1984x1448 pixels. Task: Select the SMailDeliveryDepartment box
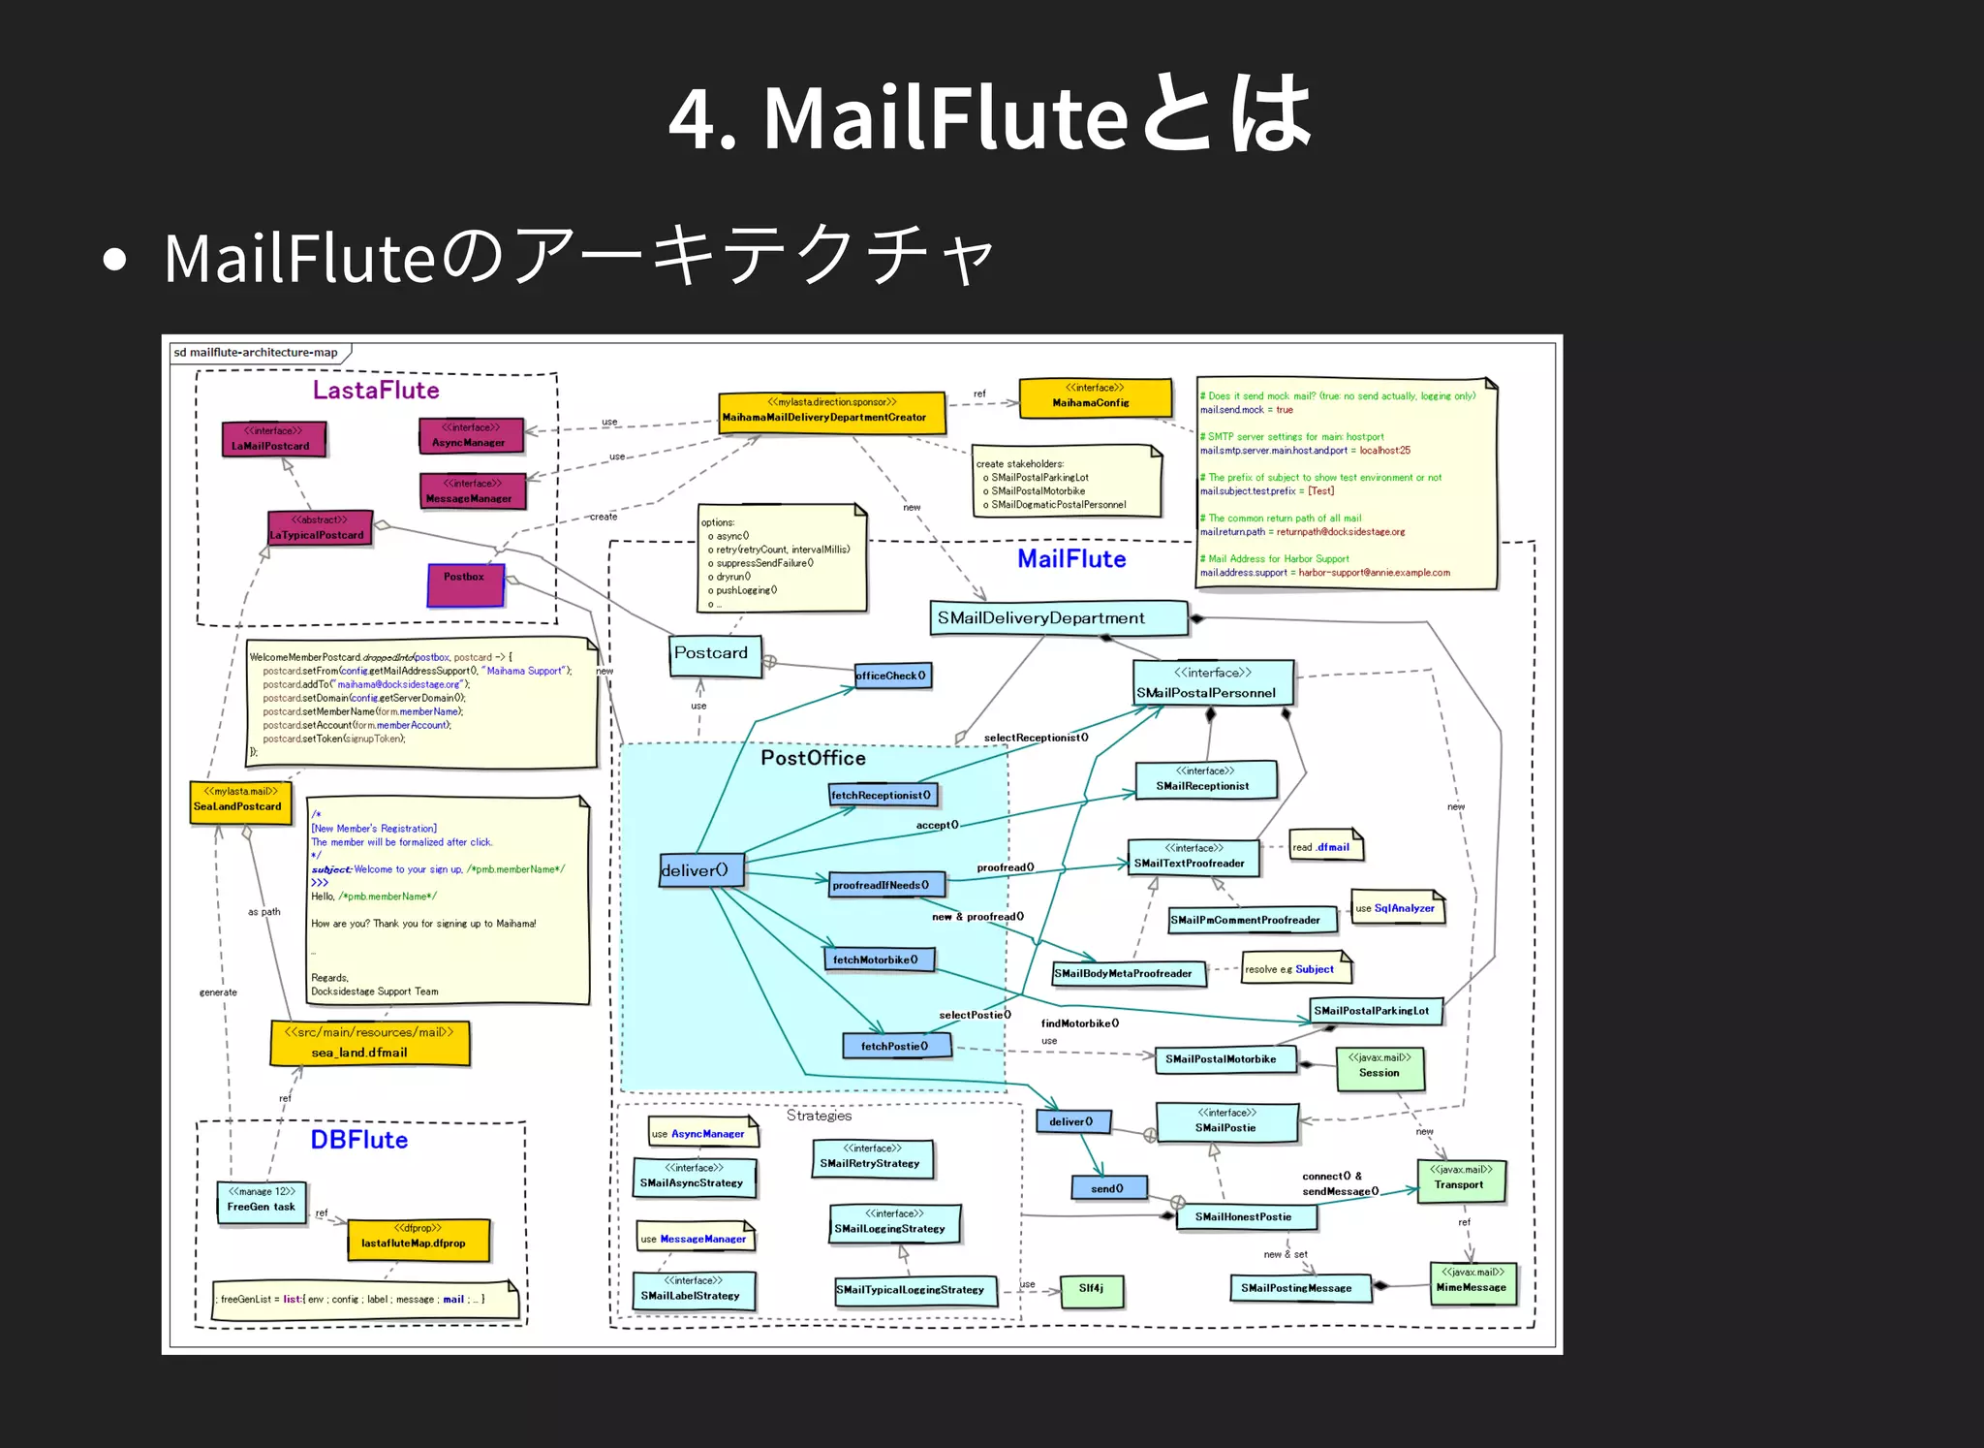pyautogui.click(x=1058, y=618)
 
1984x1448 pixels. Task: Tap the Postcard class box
pyautogui.click(x=715, y=654)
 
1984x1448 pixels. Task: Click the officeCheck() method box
pyautogui.click(x=892, y=676)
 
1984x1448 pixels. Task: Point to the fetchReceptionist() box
pyautogui.click(x=883, y=796)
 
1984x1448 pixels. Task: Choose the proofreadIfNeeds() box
pyautogui.click(x=887, y=885)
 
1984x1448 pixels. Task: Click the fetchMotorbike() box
pyautogui.click(x=880, y=960)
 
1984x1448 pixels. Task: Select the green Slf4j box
pyautogui.click(x=1092, y=1290)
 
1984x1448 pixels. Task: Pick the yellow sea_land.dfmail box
pyautogui.click(x=369, y=1043)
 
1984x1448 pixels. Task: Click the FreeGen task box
pyautogui.click(x=262, y=1202)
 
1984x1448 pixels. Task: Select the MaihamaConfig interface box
pyautogui.click(x=1095, y=396)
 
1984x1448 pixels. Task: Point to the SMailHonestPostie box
pyautogui.click(x=1246, y=1217)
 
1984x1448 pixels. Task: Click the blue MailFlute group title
pyautogui.click(x=1071, y=559)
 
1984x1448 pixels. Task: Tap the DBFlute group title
pyautogui.click(x=358, y=1140)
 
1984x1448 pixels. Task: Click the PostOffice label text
pyautogui.click(x=813, y=758)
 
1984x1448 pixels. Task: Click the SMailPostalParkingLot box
pyautogui.click(x=1373, y=1011)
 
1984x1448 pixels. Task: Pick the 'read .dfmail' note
pyautogui.click(x=1324, y=847)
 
